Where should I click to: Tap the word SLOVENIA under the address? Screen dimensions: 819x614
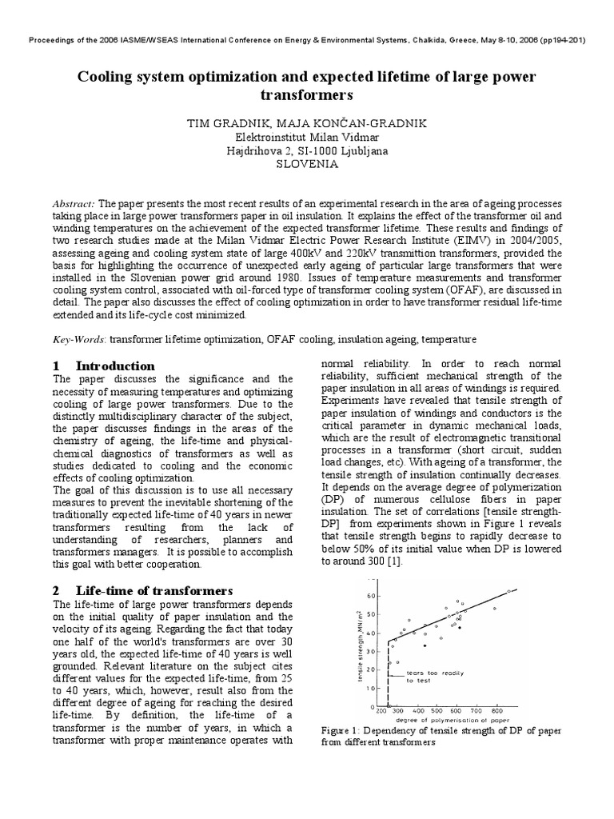pos(307,163)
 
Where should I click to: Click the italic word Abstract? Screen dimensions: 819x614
pos(73,204)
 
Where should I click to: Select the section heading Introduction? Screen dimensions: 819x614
pos(115,366)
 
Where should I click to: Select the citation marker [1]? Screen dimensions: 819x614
pos(394,561)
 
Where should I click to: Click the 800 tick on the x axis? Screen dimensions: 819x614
pos(497,709)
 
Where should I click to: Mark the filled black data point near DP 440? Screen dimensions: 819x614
pos(425,645)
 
